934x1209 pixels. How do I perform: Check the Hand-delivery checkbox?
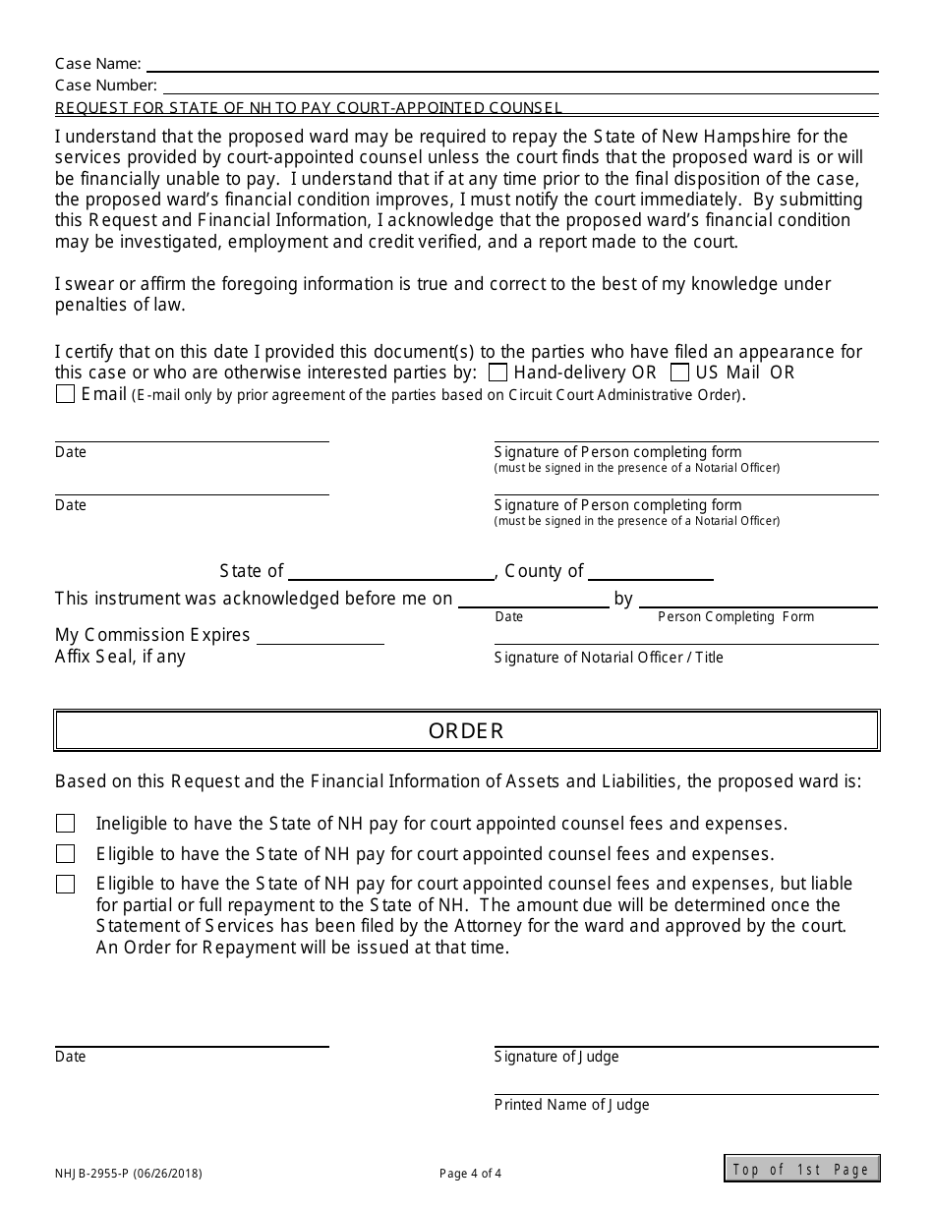(497, 373)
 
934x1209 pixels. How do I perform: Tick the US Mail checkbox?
(679, 373)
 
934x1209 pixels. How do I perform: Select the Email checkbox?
(65, 394)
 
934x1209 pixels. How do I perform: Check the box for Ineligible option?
(65, 824)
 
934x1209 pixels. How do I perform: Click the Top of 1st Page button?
(801, 1169)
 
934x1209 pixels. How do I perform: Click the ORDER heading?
(467, 731)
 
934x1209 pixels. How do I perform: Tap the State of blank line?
(391, 572)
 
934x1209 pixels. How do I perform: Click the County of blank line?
(650, 572)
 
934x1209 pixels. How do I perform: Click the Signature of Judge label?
(556, 1057)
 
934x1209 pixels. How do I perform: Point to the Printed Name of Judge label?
(571, 1105)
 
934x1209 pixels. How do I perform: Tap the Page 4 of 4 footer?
(470, 1173)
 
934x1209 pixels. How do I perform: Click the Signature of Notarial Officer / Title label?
(608, 658)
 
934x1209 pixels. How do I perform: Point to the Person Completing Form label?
(735, 616)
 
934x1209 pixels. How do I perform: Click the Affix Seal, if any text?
(120, 657)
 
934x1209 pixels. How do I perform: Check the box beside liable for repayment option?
(65, 884)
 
